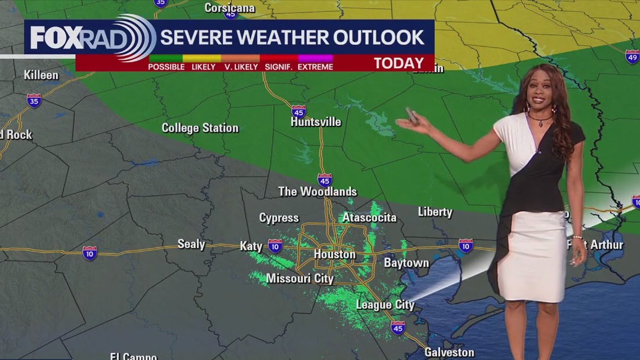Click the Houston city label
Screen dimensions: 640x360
(334, 254)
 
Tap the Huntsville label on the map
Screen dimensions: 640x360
(316, 122)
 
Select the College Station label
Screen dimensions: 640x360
(200, 128)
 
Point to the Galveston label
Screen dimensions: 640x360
(449, 352)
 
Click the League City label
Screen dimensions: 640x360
(385, 305)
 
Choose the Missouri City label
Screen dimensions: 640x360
(300, 278)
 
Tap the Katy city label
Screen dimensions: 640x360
(251, 246)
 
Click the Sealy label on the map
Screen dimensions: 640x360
(191, 244)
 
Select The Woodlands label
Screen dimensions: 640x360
(318, 191)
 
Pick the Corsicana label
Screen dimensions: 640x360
(229, 8)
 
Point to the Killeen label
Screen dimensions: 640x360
(41, 75)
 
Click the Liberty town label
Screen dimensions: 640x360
(435, 212)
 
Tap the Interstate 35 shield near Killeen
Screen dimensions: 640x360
(34, 100)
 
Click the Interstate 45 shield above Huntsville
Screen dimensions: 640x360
(299, 111)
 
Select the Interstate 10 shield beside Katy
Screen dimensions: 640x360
(275, 245)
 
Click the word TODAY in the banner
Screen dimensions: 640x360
(399, 64)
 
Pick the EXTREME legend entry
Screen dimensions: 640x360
(315, 67)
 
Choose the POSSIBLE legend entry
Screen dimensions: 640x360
(166, 67)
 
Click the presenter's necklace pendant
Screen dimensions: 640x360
(538, 124)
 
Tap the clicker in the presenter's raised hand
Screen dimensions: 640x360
(412, 115)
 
